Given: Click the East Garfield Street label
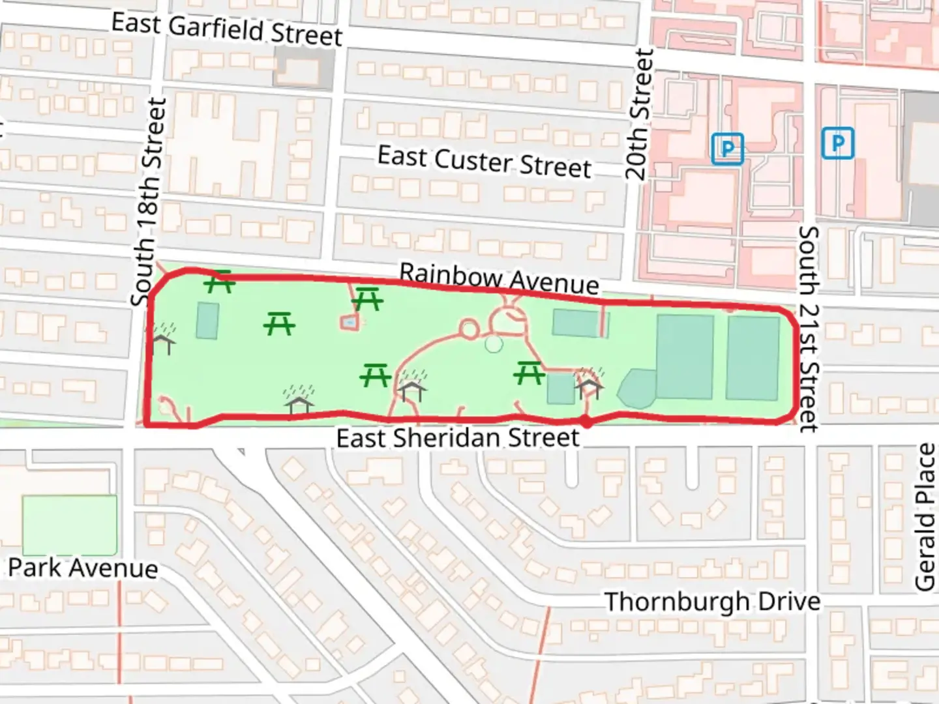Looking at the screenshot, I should pos(226,29).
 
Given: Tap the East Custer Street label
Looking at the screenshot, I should pos(484,162).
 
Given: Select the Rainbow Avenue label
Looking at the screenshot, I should pos(499,279).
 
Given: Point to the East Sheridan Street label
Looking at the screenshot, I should pos(458,438).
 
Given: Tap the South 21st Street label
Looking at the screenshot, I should pos(809,329).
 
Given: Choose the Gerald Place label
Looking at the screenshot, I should pos(925,517).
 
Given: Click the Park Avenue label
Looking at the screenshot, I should pos(83,568).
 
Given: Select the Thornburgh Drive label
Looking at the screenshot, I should pos(712,602).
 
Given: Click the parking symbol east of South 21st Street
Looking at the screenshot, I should pos(838,143).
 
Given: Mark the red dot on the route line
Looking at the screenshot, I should pos(586,422).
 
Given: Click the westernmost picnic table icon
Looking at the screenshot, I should pos(219,282).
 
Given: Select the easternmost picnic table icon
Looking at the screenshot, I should pos(528,373).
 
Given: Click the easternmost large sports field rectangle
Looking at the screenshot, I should pos(753,358).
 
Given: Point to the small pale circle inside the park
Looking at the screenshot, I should pos(494,344).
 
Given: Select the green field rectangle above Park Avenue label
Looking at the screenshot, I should pos(70,525).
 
